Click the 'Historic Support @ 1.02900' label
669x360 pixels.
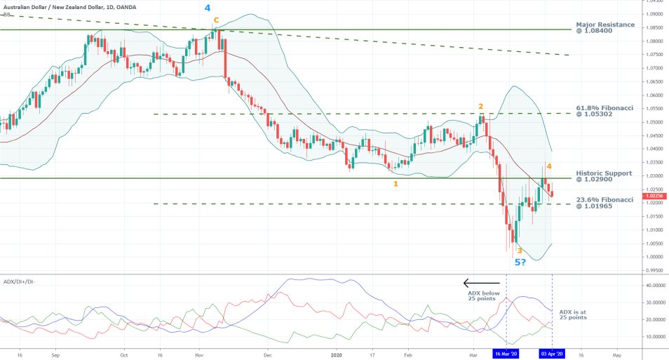[604, 175]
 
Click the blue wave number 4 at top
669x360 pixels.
[207, 8]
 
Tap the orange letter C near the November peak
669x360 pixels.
[217, 20]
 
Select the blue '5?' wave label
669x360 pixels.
[522, 262]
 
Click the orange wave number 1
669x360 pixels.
[396, 184]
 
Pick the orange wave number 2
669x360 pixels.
[481, 107]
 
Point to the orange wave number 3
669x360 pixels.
[519, 250]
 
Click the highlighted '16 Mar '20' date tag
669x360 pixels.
[506, 354]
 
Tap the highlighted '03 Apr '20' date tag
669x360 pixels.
[552, 354]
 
